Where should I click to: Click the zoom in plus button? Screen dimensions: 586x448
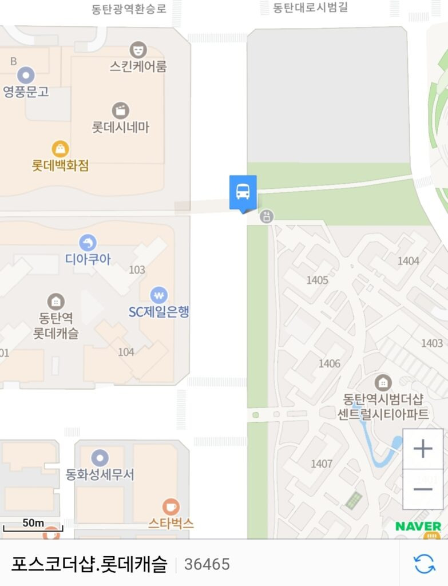pos(423,449)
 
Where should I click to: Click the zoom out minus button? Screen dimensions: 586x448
pos(423,489)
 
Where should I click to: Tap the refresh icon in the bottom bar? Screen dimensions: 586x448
pos(424,564)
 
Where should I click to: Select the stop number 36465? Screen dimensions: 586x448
pos(207,564)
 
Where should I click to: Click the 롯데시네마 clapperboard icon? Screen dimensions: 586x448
pos(120,110)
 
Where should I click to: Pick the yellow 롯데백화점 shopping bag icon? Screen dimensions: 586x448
pos(60,149)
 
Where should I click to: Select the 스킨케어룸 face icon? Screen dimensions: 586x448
pos(138,49)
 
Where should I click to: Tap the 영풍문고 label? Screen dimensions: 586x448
pos(26,92)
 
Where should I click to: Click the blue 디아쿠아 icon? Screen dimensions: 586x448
pos(88,243)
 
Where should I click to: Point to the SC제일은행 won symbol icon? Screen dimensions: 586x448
pos(158,295)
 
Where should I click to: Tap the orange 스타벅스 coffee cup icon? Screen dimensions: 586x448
pos(171,506)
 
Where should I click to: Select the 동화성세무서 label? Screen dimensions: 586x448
pos(100,474)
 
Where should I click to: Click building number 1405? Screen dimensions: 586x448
pos(317,280)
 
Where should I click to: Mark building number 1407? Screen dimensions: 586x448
pos(322,464)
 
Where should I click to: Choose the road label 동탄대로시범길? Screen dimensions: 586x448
pos(310,8)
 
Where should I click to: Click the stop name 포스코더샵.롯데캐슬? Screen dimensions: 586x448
pos(89,564)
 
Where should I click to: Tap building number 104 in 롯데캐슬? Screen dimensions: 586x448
pos(126,352)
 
